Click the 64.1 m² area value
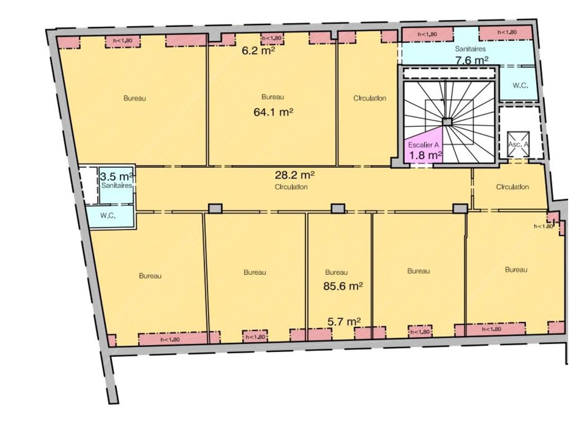coord(273,112)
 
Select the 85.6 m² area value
coord(343,286)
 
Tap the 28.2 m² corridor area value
coord(294,175)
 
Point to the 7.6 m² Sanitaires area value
coord(472,60)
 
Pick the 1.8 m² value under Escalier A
coord(426,155)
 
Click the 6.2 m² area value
coord(258,50)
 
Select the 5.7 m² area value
coord(344,321)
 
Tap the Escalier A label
coord(423,145)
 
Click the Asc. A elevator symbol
coord(518,144)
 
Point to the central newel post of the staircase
coord(447,122)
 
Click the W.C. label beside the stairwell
coord(520,85)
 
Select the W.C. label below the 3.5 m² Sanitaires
coord(108,215)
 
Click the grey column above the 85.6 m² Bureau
coord(338,208)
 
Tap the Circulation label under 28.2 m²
coord(291,187)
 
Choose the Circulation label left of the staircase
coord(370,98)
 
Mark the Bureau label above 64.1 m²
coord(273,97)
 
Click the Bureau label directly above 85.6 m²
coord(337,272)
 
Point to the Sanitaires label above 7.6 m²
coord(470,49)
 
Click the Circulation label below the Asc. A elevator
coord(512,187)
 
